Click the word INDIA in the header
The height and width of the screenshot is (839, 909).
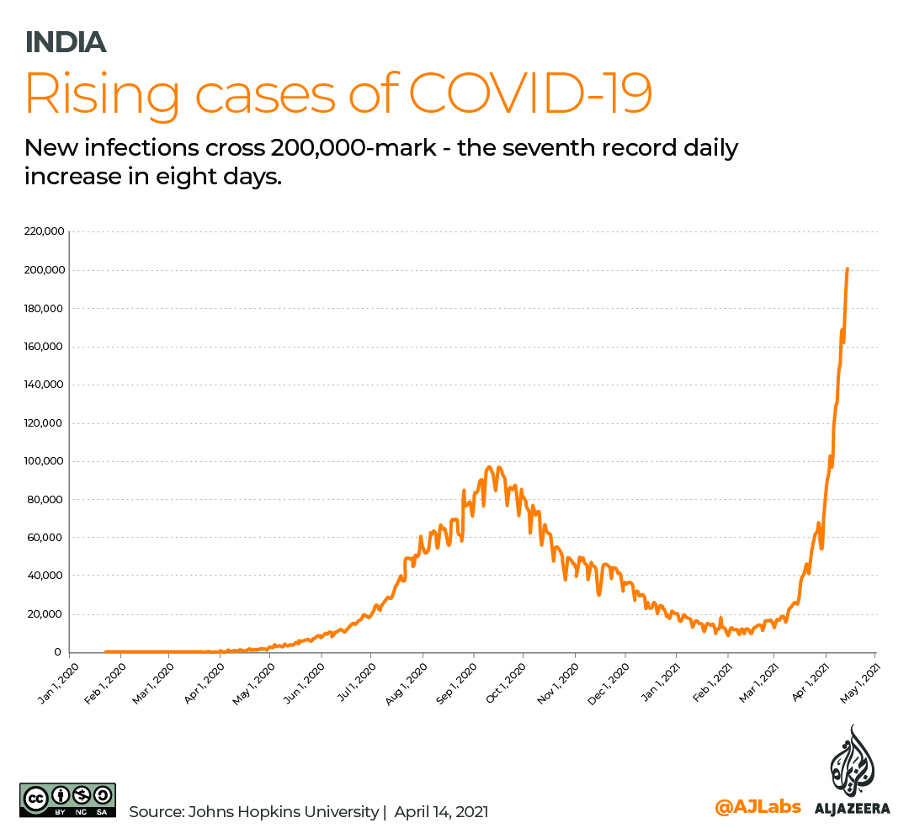[66, 41]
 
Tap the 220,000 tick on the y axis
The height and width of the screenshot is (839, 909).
[45, 231]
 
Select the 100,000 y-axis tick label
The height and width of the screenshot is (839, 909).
[45, 461]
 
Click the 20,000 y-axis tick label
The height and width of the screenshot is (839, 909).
[48, 613]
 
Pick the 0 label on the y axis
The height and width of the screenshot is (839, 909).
[57, 652]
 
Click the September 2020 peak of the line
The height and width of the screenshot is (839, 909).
[491, 468]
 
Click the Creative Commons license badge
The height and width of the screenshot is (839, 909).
[67, 799]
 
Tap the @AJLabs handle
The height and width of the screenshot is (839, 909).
[757, 808]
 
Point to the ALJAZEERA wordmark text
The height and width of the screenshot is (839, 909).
[852, 809]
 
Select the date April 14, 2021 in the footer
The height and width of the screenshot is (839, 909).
[441, 812]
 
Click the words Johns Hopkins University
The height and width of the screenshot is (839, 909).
[284, 812]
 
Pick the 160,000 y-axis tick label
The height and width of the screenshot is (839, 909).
[45, 347]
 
